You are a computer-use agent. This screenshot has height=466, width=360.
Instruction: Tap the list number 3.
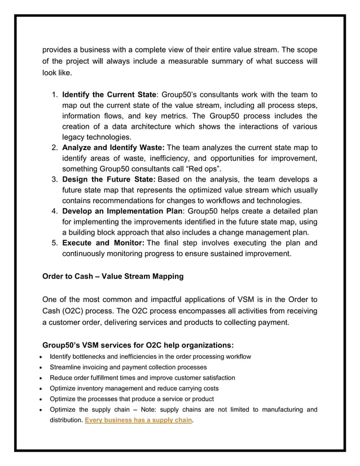click(55, 180)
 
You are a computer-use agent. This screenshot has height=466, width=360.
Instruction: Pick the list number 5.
click(55, 244)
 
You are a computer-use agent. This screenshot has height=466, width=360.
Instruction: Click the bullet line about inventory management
click(134, 388)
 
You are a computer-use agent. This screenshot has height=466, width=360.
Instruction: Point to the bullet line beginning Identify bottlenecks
click(150, 357)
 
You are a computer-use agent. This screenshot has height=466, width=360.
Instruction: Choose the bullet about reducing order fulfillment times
click(142, 377)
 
